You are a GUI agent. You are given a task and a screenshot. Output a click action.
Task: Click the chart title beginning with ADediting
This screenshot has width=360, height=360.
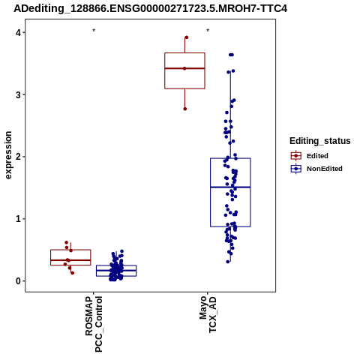coord(151,8)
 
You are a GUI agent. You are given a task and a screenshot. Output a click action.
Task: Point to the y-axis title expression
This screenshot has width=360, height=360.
coord(8,155)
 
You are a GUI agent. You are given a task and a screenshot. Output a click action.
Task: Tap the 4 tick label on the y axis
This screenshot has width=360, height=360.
coord(18,32)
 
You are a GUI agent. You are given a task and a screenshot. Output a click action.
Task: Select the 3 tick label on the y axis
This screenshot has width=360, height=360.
coord(18,94)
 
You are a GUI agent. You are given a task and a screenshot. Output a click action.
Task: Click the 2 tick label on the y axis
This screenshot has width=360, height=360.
coord(18,157)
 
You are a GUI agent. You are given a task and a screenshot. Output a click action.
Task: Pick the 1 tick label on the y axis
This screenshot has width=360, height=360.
coord(18,219)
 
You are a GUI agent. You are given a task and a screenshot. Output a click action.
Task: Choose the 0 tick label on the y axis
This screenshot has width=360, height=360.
coord(18,280)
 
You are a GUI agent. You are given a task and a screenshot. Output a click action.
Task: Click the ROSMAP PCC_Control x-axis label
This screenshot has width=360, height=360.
coord(94,324)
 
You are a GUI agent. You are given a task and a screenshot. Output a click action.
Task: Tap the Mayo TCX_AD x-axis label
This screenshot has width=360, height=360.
coord(208,314)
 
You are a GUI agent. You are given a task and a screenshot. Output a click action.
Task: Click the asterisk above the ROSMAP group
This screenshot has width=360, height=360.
coord(94,31)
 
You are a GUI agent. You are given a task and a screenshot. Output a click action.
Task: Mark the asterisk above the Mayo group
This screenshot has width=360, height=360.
coord(208,31)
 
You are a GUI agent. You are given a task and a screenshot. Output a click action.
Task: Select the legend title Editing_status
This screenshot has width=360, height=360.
coord(320,141)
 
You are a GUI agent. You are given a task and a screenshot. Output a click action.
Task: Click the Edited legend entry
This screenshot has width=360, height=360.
coord(310,156)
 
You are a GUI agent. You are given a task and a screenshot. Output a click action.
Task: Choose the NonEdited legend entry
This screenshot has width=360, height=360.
coord(316,169)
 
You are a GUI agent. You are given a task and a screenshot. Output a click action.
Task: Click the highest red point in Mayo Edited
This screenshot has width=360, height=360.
coord(186,37)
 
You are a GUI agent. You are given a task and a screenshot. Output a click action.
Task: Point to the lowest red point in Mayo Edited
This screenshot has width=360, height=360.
coord(185,109)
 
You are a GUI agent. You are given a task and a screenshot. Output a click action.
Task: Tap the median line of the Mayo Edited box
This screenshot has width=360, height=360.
coord(184,68)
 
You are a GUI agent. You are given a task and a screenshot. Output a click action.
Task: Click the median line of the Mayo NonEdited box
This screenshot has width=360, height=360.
coord(230,187)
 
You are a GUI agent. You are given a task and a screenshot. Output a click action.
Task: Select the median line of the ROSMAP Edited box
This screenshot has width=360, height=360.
coord(70,260)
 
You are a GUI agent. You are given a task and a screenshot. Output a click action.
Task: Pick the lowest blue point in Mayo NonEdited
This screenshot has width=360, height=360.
coord(228,262)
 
